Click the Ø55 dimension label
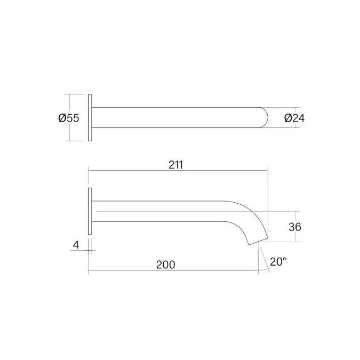[x=69, y=118]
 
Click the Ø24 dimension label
[x=294, y=118]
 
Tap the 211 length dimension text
[x=176, y=165]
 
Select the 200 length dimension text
[x=166, y=265]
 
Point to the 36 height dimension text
[x=295, y=227]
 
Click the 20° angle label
[x=278, y=262]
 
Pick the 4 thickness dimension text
[x=76, y=245]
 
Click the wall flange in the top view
[x=90, y=117]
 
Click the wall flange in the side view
[x=90, y=211]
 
